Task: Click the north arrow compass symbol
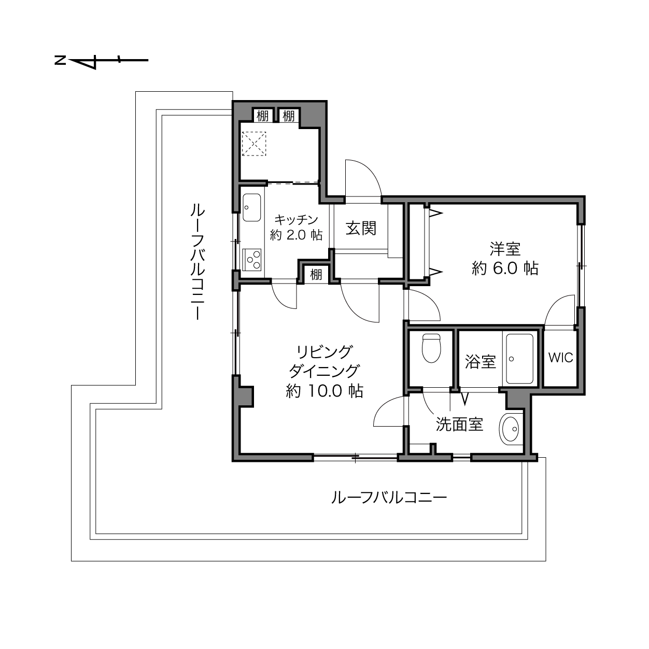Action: (x=101, y=61)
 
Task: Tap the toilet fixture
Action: (x=431, y=348)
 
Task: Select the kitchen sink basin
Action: (x=251, y=207)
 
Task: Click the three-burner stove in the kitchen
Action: (x=251, y=259)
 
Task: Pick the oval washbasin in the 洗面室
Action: (x=510, y=429)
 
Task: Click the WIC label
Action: (x=560, y=358)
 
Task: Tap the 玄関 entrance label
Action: (x=361, y=229)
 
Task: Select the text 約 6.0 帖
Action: (x=505, y=269)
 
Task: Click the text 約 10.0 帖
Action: (x=324, y=391)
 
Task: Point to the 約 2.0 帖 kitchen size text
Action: (x=297, y=235)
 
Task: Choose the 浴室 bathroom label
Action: (x=480, y=361)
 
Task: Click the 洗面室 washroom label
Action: (x=459, y=425)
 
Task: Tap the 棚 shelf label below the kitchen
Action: (x=316, y=275)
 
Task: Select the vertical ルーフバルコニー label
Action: (x=197, y=261)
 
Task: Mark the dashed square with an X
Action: (x=254, y=144)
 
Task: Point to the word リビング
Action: (x=324, y=352)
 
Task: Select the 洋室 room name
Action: (x=505, y=249)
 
